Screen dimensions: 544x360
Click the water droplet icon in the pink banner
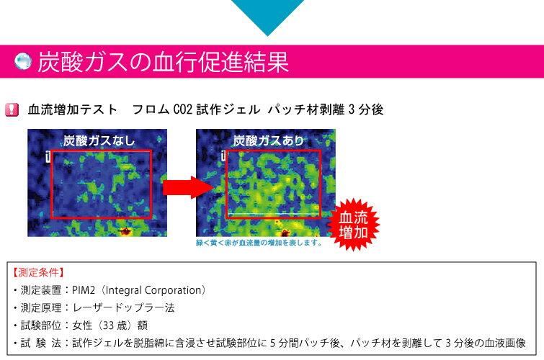pos(23,61)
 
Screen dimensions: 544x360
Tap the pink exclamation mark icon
pos(12,109)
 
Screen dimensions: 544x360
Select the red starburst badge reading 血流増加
pos(354,225)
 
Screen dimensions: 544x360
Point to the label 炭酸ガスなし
pos(99,141)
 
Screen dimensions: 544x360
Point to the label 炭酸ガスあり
pos(268,140)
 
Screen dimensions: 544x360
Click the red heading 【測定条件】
pos(38,272)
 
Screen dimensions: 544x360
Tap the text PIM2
pos(84,290)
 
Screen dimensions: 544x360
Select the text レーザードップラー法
pos(123,307)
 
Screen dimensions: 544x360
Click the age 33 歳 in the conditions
pos(115,325)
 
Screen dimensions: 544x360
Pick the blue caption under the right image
pos(259,243)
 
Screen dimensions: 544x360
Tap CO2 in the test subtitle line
pos(182,109)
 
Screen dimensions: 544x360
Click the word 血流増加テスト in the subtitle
pos(73,109)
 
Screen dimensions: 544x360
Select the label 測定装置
pos(41,290)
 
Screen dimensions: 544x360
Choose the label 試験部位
pos(41,325)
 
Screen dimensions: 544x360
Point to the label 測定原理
pos(41,307)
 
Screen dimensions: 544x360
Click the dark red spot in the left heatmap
pos(124,231)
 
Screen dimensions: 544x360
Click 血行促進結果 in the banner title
pos(220,62)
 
